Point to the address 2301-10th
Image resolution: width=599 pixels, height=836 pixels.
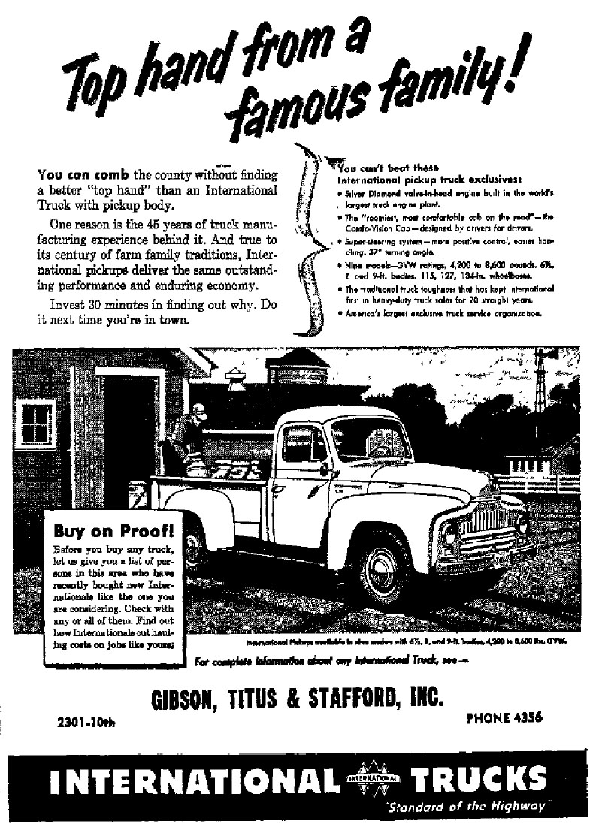(x=87, y=723)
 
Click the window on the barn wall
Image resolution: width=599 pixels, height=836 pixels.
(x=34, y=423)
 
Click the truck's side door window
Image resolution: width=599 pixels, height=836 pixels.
(x=304, y=444)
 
